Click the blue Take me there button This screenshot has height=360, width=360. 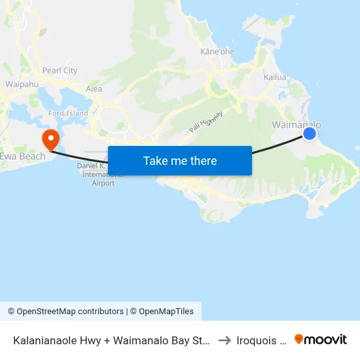[x=180, y=160]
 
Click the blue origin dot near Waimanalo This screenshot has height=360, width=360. [x=310, y=134]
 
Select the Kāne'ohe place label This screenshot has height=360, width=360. [x=217, y=52]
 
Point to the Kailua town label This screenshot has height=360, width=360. [x=275, y=77]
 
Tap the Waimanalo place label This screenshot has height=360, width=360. [x=296, y=124]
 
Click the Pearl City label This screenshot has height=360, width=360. [x=60, y=71]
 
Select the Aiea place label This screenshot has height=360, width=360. [x=94, y=88]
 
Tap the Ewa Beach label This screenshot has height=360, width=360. [x=23, y=156]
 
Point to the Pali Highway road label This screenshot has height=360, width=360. [x=206, y=122]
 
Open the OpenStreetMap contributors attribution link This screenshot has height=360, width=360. [x=70, y=312]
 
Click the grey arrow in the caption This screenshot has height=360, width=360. [x=225, y=340]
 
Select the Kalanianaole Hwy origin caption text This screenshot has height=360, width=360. [x=111, y=340]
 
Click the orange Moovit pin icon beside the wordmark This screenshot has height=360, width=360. [x=299, y=339]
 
